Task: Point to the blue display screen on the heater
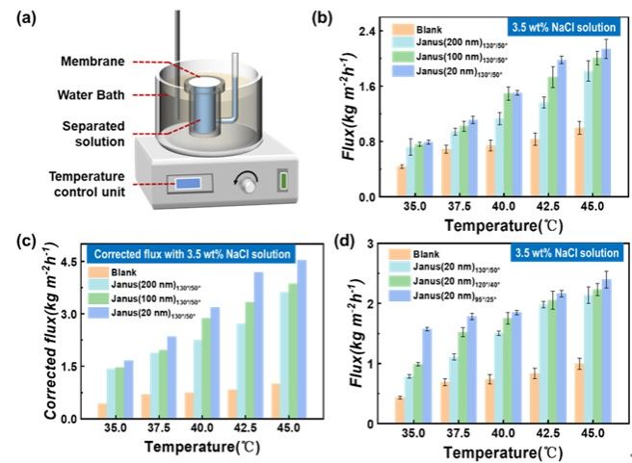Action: pyautogui.click(x=191, y=181)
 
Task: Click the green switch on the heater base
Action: pyautogui.click(x=283, y=180)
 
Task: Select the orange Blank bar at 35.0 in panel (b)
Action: pyautogui.click(x=401, y=181)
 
